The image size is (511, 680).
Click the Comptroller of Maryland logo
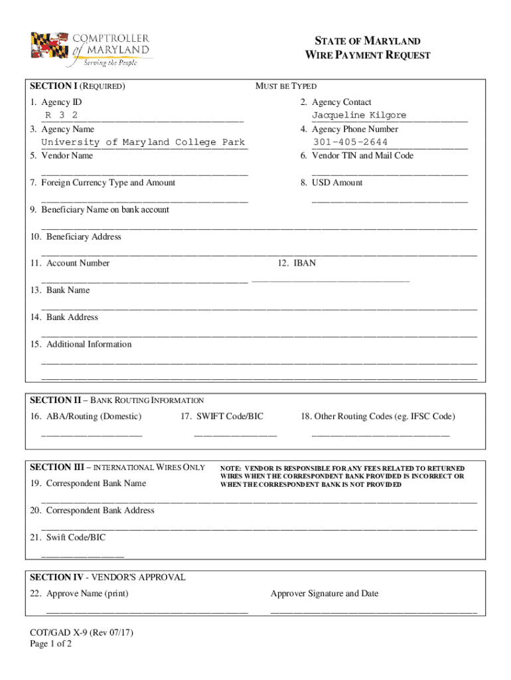[x=90, y=49]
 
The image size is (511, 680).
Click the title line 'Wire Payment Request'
[x=367, y=55]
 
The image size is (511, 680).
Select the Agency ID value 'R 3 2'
[x=61, y=116]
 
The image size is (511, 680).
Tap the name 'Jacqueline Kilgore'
[x=359, y=116]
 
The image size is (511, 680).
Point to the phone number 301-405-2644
[x=351, y=142]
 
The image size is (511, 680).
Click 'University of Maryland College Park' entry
[x=143, y=142]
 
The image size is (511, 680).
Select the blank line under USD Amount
[x=390, y=200]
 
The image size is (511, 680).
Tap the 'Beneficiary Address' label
[x=83, y=237]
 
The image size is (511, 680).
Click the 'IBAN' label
[x=305, y=264]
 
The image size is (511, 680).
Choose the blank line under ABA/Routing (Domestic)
[x=92, y=435]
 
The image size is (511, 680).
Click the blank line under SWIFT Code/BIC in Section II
[x=235, y=435]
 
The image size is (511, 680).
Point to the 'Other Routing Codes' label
[x=377, y=416]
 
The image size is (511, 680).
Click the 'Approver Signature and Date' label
[x=325, y=594]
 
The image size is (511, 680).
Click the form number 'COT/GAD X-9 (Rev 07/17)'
[x=82, y=634]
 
